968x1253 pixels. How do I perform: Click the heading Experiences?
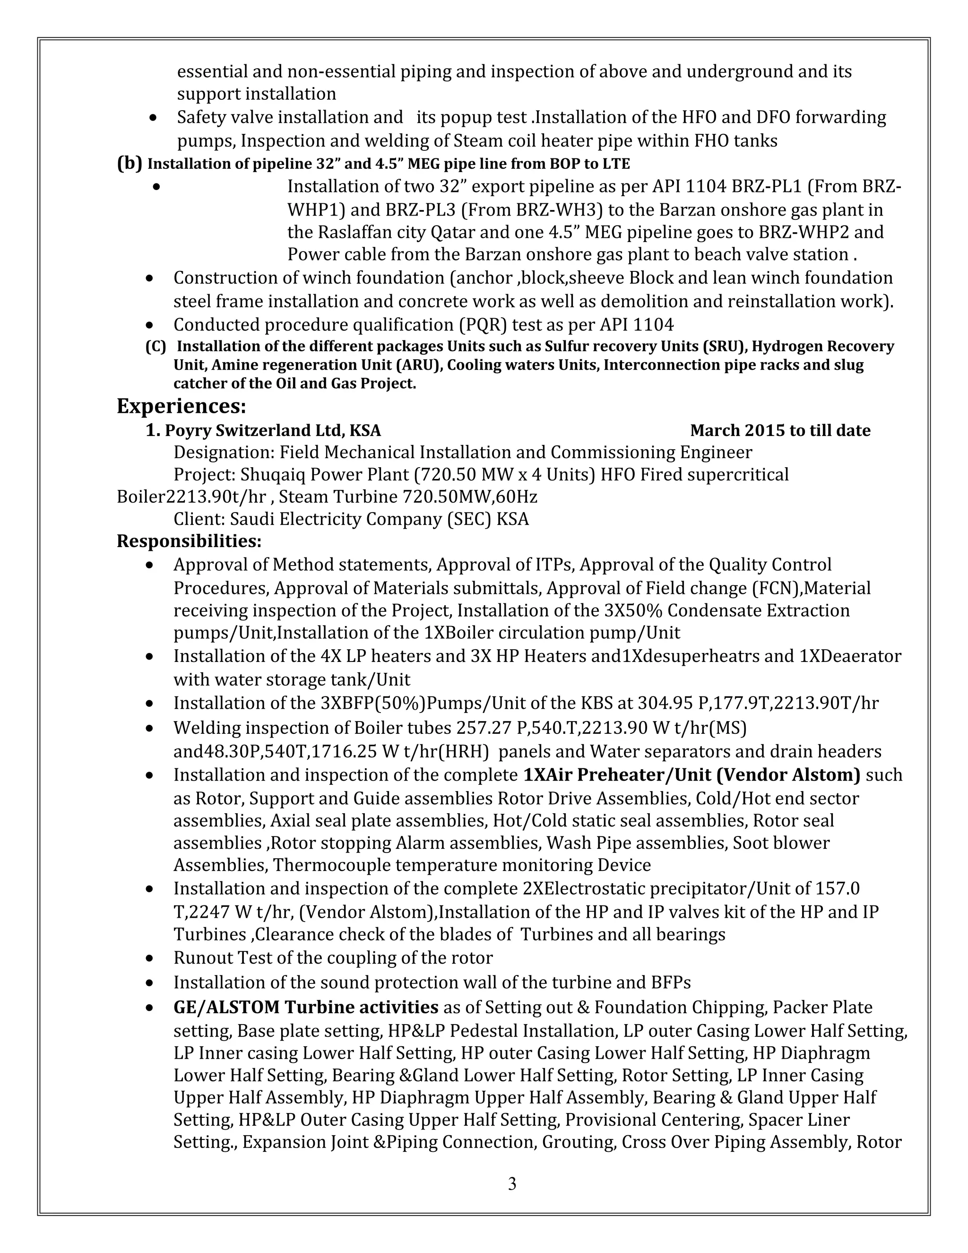[181, 406]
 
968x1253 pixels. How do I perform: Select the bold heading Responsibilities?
[189, 541]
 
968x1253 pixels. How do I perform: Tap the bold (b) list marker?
[129, 164]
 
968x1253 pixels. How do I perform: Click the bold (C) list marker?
[156, 347]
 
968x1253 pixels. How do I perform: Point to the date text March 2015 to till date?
[780, 430]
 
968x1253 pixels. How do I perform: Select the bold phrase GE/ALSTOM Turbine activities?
[306, 1007]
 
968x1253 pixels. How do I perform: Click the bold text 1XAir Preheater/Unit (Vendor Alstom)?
[691, 774]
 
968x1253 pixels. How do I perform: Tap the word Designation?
[224, 452]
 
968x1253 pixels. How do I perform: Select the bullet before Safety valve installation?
[153, 118]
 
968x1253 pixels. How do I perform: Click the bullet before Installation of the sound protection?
[150, 983]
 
